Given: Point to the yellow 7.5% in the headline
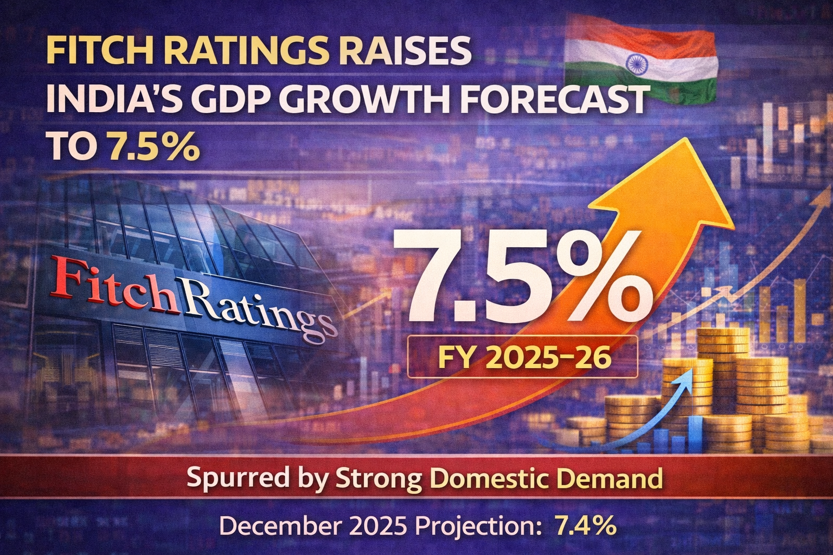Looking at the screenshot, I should click(153, 146).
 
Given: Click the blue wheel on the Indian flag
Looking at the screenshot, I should click(635, 64).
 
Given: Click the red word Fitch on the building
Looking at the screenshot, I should click(115, 284).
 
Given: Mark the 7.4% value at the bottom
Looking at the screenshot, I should click(584, 526).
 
